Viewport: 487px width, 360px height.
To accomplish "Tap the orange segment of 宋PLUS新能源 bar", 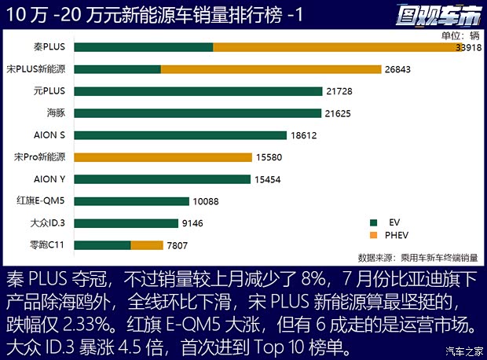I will (x=270, y=69).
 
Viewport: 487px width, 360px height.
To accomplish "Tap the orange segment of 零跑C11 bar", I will (x=147, y=245).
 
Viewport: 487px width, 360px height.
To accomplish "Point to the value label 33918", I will (x=469, y=47).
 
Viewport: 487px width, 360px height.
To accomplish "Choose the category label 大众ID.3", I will (x=46, y=223).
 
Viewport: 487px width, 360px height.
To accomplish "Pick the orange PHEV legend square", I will (x=375, y=235).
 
